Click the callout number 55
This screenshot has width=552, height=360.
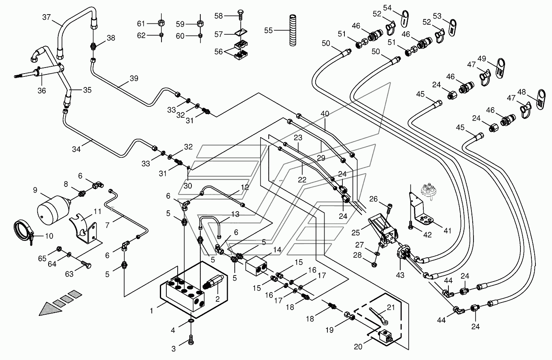coord(268,30)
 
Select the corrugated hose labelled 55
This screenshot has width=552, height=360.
coord(293,30)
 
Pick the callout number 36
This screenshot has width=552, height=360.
coord(42,91)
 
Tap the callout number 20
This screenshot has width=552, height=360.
coord(358,347)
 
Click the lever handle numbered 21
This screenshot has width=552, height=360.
coord(379,316)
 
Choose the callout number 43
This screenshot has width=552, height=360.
coord(400,275)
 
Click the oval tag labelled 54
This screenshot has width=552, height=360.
coord(404,19)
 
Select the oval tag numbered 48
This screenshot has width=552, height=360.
coord(541,99)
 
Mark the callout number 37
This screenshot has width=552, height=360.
coord(46,17)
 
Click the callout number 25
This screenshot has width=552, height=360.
coord(356,233)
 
